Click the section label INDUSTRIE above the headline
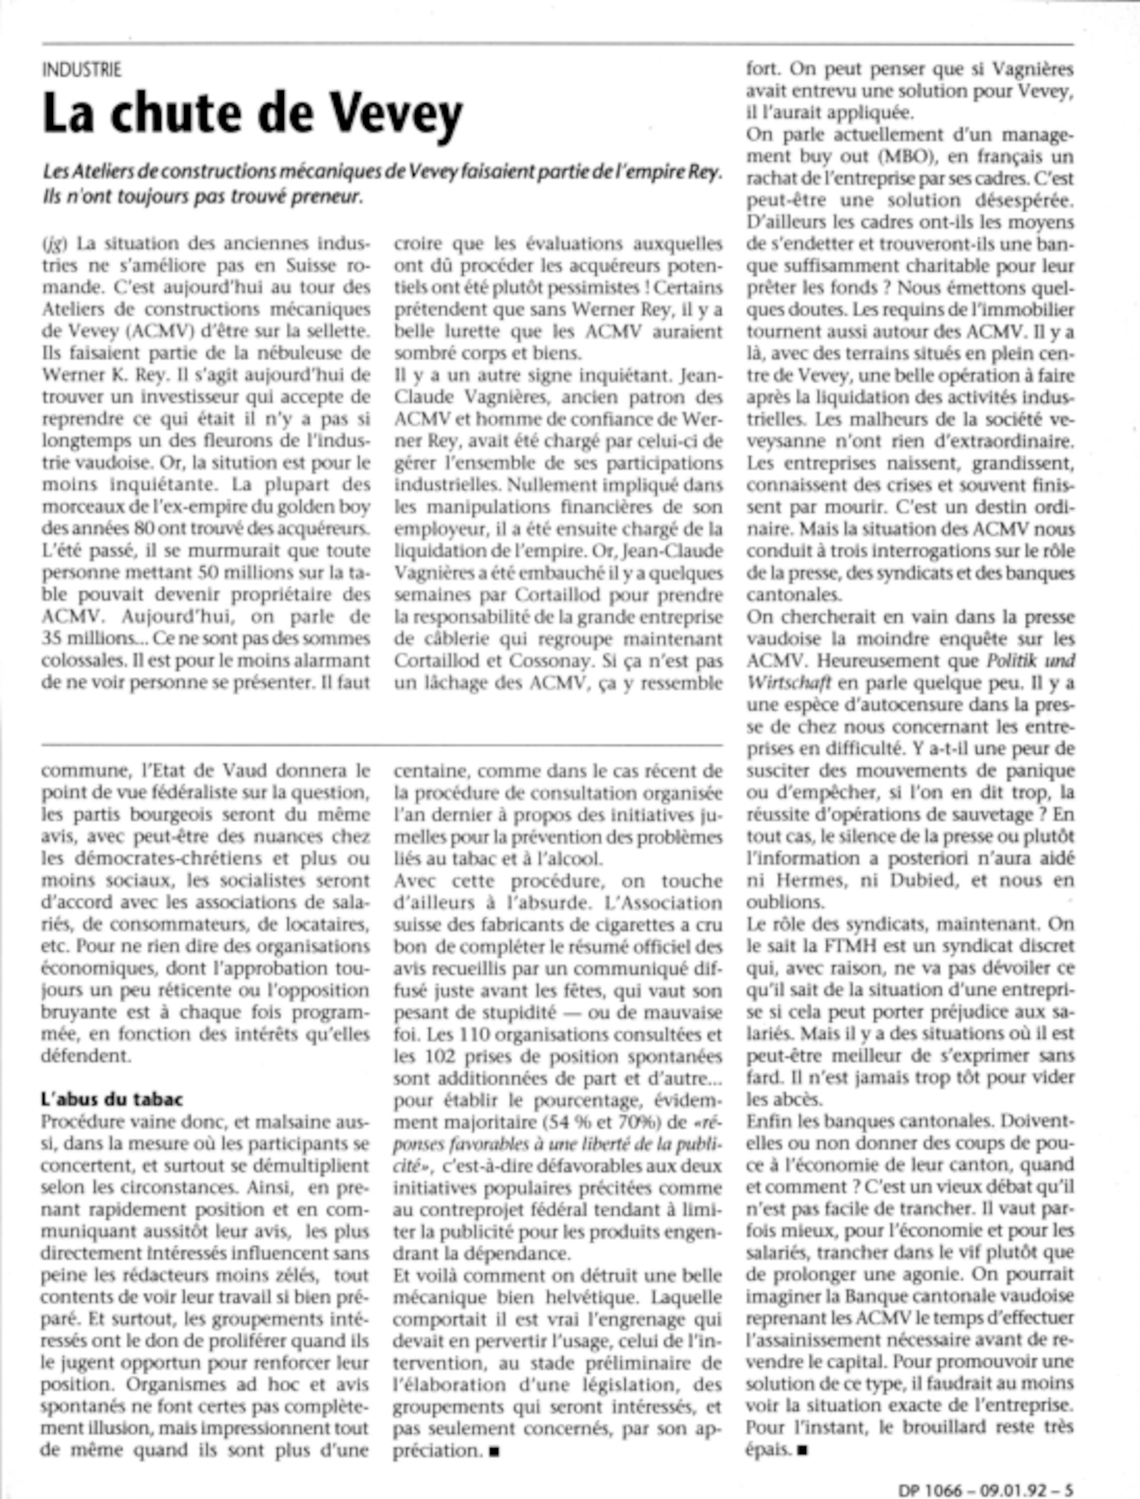click(82, 70)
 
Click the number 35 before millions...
click(52, 639)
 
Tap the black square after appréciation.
click(494, 1452)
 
